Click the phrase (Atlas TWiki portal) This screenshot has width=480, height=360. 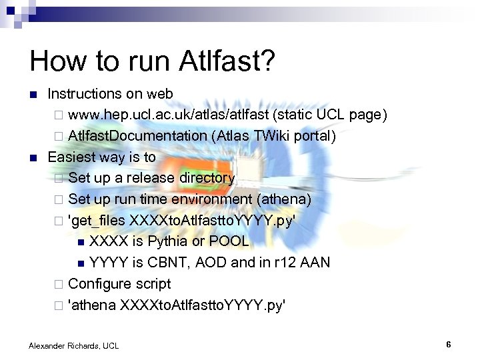click(x=273, y=135)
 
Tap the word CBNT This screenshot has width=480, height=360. click(x=170, y=262)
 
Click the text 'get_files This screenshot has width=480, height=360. click(x=97, y=220)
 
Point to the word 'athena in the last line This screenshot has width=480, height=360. click(x=92, y=305)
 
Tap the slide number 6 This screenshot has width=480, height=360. click(x=449, y=345)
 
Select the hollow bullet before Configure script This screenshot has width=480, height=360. click(x=59, y=284)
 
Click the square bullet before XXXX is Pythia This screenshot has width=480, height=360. click(x=81, y=241)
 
